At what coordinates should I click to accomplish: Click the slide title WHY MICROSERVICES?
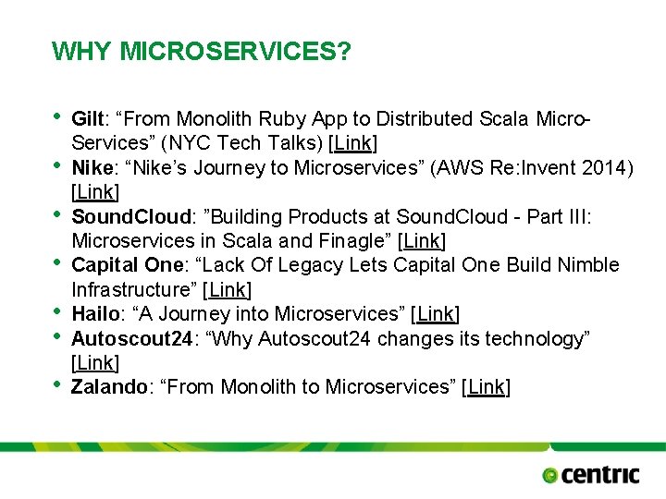click(x=202, y=51)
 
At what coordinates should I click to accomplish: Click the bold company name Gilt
click(x=87, y=119)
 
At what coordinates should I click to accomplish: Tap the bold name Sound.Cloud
click(x=129, y=216)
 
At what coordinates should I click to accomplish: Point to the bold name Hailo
click(x=93, y=314)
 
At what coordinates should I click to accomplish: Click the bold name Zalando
click(x=109, y=387)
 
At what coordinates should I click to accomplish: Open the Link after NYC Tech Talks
click(x=353, y=144)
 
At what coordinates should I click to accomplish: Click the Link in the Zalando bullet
click(x=486, y=387)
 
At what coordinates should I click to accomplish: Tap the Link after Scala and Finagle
click(x=422, y=241)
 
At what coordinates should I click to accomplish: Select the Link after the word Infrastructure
click(x=227, y=290)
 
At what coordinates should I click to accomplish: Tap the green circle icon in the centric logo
click(x=550, y=476)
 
